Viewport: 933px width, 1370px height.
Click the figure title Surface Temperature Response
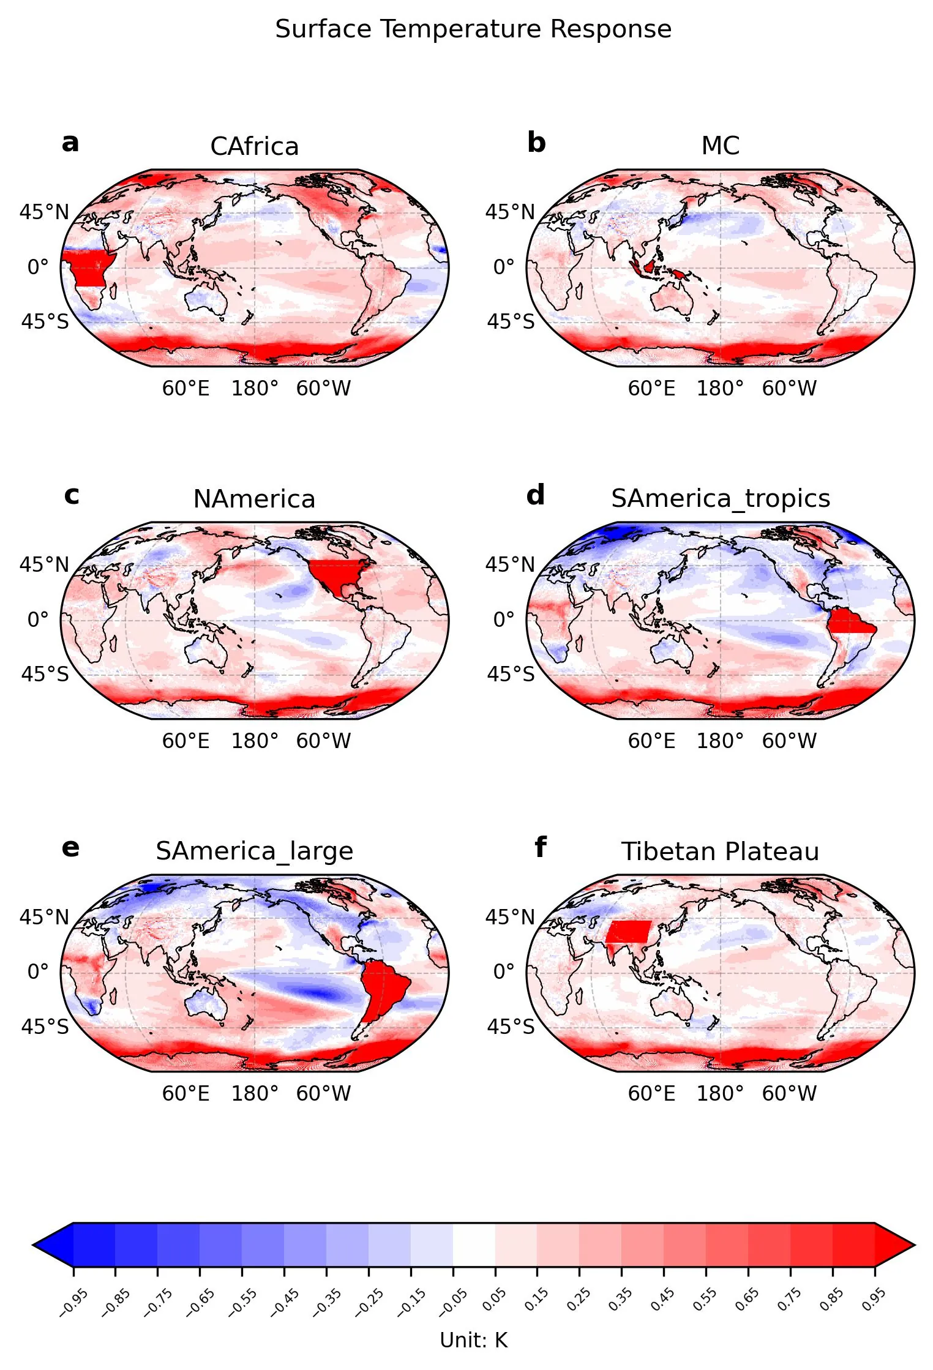tap(473, 29)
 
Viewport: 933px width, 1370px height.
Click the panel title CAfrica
tap(254, 147)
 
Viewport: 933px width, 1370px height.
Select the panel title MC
tap(720, 146)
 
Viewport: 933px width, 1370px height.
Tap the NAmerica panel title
tap(254, 499)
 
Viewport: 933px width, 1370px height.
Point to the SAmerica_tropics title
tap(721, 499)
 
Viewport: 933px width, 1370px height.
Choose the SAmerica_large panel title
tap(254, 852)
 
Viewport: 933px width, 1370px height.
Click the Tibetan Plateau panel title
tap(720, 852)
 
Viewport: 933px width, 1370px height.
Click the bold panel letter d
tap(536, 495)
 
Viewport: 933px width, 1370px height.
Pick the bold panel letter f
tap(541, 847)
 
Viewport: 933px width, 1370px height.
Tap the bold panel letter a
tap(70, 143)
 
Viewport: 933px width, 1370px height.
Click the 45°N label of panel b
tap(510, 212)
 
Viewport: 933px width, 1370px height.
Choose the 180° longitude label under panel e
tap(255, 1094)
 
